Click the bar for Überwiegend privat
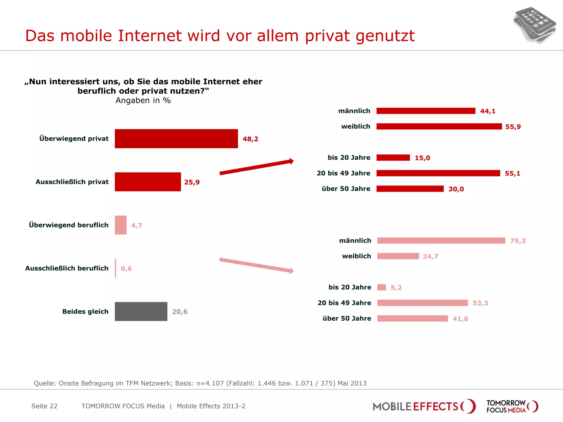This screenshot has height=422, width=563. point(176,139)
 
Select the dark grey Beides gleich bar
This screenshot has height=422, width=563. point(141,312)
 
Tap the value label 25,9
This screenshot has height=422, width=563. point(192,182)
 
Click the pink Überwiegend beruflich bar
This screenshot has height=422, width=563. point(121,225)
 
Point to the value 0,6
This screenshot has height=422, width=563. point(126,268)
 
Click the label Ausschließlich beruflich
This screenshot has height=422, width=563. point(67,268)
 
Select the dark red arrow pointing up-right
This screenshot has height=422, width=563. point(256,166)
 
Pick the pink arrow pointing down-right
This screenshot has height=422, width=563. point(256,265)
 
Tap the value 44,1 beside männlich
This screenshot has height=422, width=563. point(488,111)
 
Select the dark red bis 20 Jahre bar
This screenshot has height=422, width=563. point(393,158)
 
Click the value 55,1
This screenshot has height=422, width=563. point(512,173)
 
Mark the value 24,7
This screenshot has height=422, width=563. point(430,256)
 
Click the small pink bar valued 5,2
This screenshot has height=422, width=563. point(382,287)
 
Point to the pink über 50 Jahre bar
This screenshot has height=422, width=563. point(412,318)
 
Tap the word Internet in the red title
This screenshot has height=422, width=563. point(150,36)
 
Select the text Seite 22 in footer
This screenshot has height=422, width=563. point(44,406)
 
